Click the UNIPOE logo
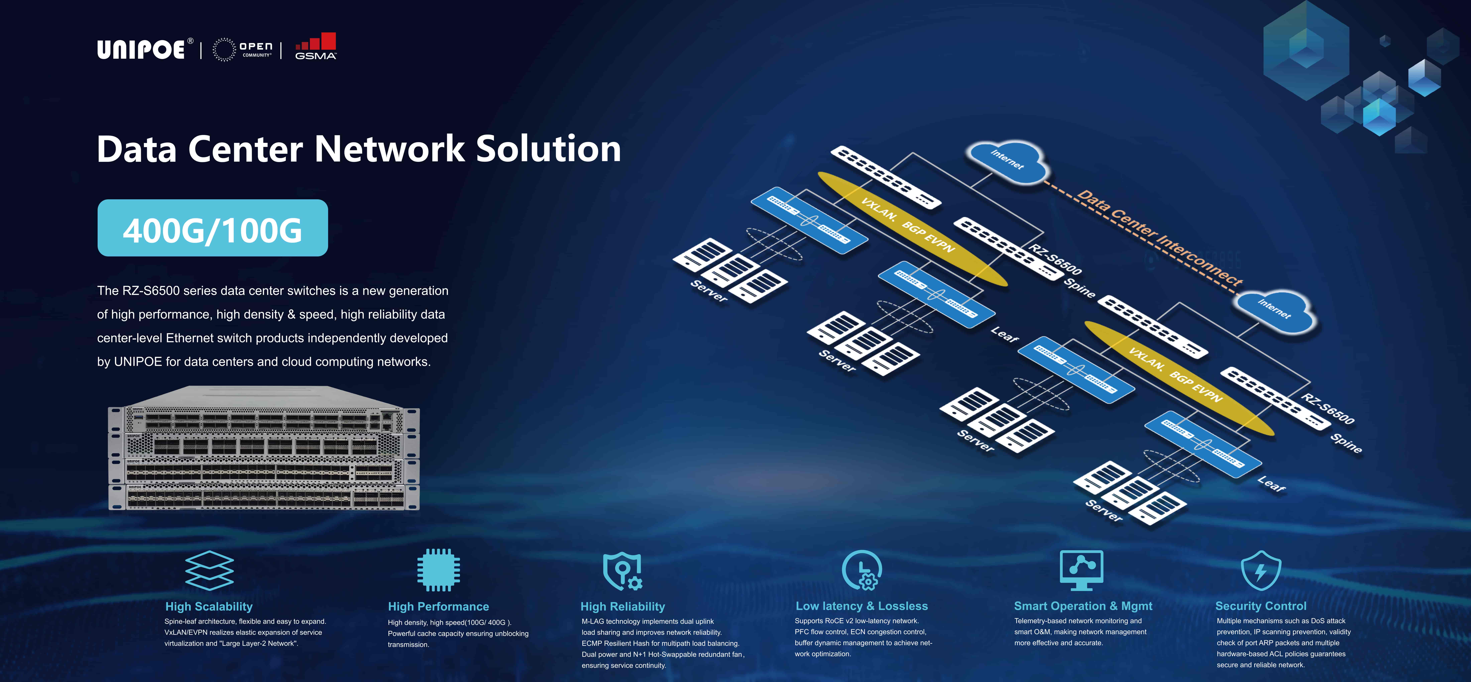tap(141, 50)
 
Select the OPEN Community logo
tap(243, 50)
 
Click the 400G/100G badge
tap(212, 228)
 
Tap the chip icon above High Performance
tap(438, 570)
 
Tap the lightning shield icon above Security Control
tap(1261, 570)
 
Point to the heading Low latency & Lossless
tap(862, 606)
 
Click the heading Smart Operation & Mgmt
tap(1083, 606)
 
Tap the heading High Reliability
tap(623, 607)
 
